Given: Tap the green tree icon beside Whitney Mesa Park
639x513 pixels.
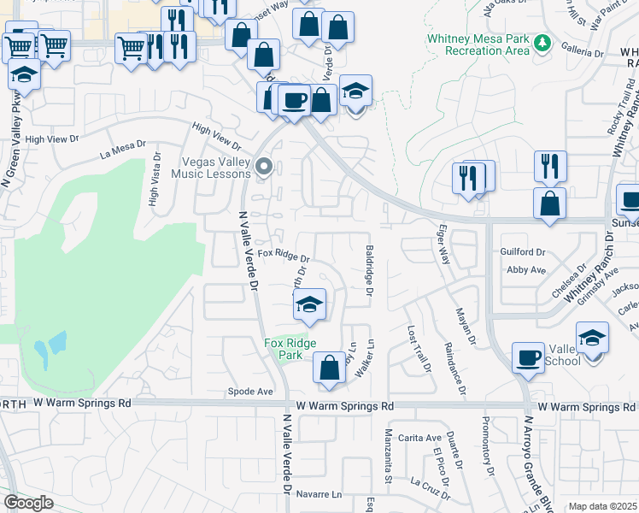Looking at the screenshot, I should click(542, 43).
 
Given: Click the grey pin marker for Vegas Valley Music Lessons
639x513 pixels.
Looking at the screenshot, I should click(265, 167).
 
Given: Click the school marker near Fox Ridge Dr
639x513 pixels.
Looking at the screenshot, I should click(309, 304).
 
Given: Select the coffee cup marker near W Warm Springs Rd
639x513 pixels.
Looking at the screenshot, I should click(528, 357).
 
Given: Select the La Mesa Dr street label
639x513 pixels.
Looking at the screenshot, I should click(118, 151).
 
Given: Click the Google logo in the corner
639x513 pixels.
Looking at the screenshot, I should click(28, 503).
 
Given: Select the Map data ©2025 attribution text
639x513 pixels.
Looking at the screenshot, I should click(601, 506).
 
